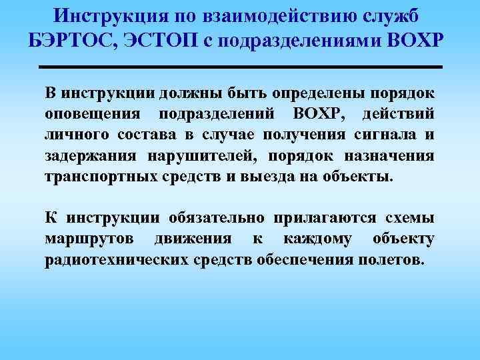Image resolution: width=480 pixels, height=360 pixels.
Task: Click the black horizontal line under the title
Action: (241, 67)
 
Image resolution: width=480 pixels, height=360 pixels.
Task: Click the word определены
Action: (305, 91)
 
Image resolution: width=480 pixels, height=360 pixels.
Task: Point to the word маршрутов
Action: (88, 239)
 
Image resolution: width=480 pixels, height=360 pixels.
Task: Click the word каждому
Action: (311, 239)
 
